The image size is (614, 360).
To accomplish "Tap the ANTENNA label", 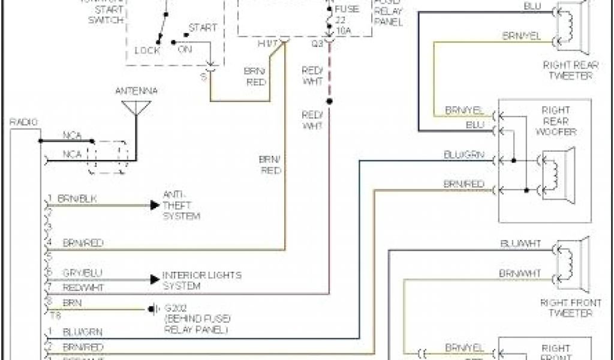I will tap(136, 91).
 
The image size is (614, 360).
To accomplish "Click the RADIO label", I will tap(23, 122).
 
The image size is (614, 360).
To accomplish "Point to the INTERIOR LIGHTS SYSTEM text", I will tap(202, 280).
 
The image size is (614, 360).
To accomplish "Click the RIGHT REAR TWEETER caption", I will tap(567, 70).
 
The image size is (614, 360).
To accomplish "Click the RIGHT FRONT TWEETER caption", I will tap(567, 307).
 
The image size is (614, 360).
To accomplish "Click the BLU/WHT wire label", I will tap(520, 244).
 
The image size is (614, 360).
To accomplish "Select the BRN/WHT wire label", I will tap(520, 274).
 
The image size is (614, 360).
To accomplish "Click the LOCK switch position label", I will tap(146, 50).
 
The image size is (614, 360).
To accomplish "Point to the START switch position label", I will tap(203, 28).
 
